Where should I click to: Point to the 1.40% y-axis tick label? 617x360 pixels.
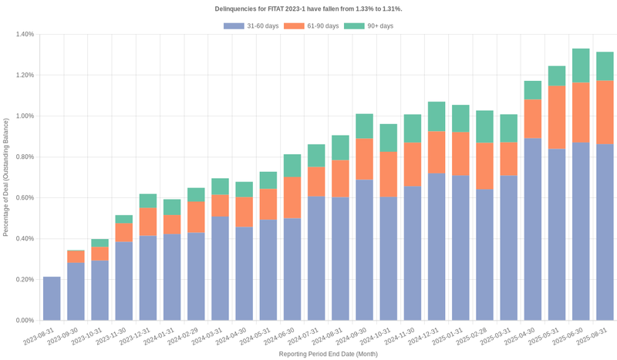(24, 35)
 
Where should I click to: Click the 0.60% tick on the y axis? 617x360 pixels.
(24, 198)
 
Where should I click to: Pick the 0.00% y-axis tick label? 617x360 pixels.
(24, 320)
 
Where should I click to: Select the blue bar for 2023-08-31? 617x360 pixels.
(52, 298)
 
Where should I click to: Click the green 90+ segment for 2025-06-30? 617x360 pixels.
(581, 66)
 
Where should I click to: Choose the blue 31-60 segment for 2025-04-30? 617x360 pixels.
(533, 229)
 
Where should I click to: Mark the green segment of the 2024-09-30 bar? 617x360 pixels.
(365, 126)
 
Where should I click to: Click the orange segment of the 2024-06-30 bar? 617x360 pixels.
(292, 198)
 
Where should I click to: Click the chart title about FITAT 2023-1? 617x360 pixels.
(308, 8)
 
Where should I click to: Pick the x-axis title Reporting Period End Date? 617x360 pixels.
(329, 354)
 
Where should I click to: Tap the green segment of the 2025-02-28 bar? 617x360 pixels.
(484, 126)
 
